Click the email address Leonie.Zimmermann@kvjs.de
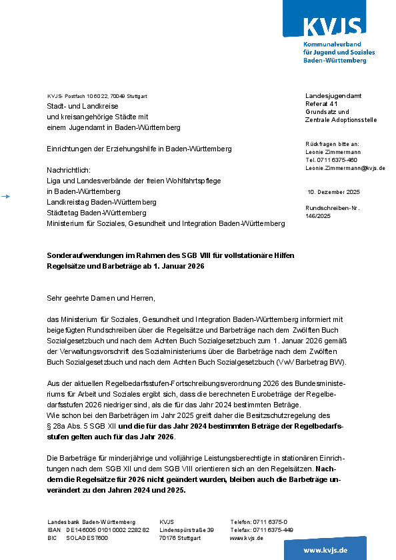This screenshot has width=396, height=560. point(345,168)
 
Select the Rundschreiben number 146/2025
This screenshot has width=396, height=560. point(318,216)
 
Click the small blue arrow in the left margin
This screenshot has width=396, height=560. point(6,196)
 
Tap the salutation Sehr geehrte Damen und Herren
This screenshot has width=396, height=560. point(101,297)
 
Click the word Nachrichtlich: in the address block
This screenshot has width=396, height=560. point(68,170)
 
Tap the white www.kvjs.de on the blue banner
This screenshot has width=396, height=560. point(325,550)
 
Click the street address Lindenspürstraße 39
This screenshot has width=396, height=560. point(187,529)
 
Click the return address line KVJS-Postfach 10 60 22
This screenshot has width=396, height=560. point(98,96)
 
